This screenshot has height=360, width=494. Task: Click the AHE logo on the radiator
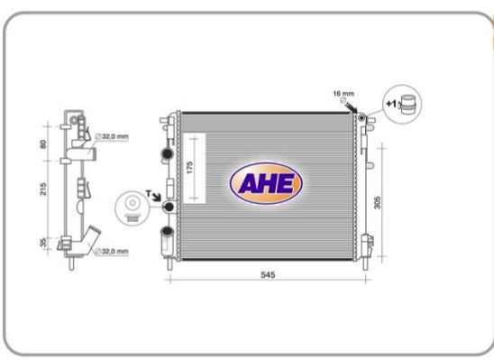[x=266, y=183]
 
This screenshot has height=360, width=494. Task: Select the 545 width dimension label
[x=268, y=275]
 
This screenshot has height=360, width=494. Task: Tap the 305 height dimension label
[x=377, y=202]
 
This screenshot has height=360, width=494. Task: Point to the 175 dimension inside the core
[x=189, y=168]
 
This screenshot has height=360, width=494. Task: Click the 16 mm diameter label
[x=343, y=93]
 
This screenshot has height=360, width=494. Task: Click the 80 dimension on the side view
[x=43, y=144]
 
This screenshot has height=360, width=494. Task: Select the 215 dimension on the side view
[x=43, y=189]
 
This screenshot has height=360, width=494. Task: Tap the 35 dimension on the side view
[x=43, y=242]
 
